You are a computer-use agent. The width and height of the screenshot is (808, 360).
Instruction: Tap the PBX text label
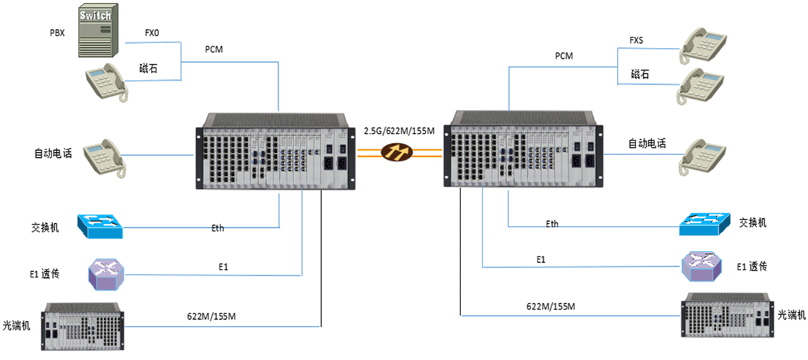coord(58,32)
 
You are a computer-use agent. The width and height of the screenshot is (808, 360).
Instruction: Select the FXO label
coord(152,32)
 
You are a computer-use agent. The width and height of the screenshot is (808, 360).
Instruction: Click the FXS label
coord(636,40)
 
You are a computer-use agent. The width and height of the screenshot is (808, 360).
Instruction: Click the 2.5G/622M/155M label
coord(398,131)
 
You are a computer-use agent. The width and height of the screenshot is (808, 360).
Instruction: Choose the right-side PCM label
coord(564,56)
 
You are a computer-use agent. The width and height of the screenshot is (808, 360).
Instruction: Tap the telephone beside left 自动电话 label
coord(104,159)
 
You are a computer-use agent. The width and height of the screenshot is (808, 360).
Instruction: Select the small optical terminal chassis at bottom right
coord(727,316)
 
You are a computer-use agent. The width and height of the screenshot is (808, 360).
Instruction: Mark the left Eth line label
coord(218,228)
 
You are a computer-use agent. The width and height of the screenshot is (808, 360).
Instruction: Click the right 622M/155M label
coord(551,306)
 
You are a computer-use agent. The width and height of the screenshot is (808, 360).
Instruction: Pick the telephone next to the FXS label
coord(702,44)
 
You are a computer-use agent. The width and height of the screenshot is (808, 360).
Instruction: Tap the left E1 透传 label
coord(45,273)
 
